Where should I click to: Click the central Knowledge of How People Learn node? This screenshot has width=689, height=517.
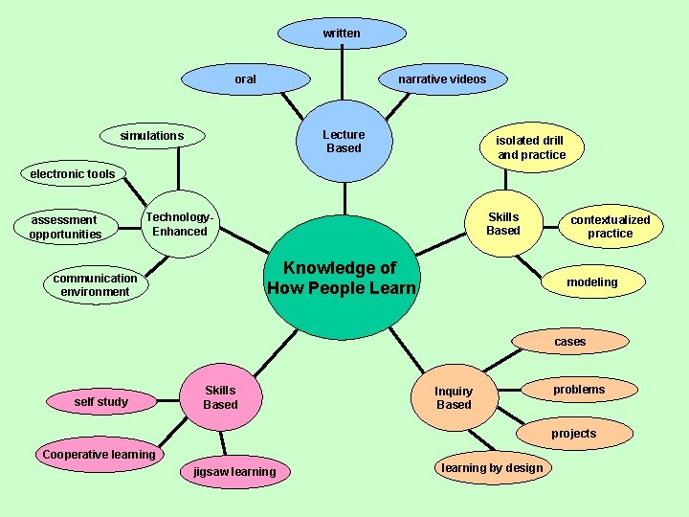(x=342, y=278)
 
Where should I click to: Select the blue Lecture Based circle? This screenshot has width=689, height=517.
(x=344, y=141)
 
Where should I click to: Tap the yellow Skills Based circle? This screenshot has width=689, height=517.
(x=503, y=223)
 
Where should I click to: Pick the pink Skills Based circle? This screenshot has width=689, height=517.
(x=220, y=396)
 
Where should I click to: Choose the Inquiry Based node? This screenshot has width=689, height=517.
(x=454, y=397)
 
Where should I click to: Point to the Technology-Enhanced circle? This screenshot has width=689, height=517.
(x=180, y=224)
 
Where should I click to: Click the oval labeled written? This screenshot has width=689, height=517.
(x=342, y=34)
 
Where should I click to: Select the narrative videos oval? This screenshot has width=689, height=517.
(x=442, y=79)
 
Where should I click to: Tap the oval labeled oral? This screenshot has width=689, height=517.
(x=246, y=79)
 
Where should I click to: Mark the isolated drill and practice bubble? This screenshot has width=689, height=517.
(x=531, y=147)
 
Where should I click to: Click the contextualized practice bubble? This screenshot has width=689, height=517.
(x=610, y=226)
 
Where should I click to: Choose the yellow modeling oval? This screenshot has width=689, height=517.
(x=591, y=282)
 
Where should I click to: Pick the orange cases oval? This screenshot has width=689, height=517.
(x=570, y=342)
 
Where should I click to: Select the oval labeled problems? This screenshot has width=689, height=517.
(x=579, y=390)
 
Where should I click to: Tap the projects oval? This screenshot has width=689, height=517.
(x=573, y=434)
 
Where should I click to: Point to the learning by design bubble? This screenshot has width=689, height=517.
(x=492, y=468)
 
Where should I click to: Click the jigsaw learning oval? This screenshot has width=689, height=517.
(x=234, y=472)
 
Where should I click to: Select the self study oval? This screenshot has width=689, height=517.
(x=100, y=402)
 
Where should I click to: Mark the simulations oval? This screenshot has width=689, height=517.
(x=151, y=136)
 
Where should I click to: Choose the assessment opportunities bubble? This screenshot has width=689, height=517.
(x=65, y=227)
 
